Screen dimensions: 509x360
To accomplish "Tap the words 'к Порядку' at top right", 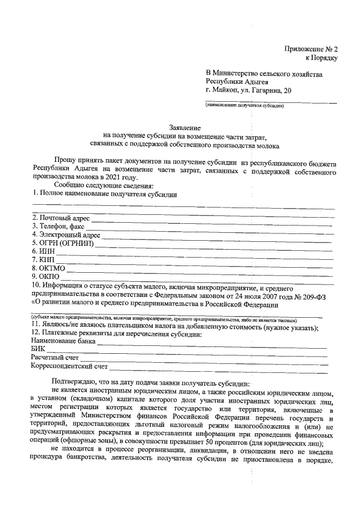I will (321, 57).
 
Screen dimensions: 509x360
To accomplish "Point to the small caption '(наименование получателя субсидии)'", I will (244, 105).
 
